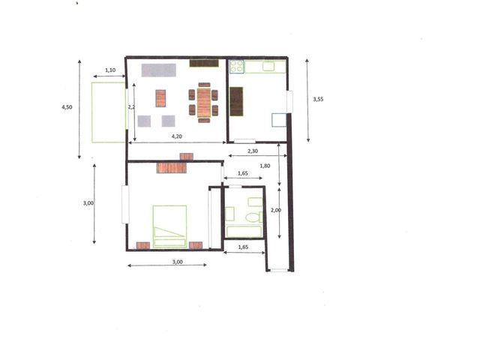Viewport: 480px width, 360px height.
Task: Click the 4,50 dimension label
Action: click(x=67, y=107)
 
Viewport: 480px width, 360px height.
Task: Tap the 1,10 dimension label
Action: click(x=110, y=70)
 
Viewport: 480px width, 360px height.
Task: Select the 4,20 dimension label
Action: click(x=177, y=136)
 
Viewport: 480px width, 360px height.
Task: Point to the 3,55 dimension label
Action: click(x=318, y=99)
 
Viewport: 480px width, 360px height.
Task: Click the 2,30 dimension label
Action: click(x=253, y=151)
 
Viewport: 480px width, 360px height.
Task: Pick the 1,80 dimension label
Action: click(x=265, y=166)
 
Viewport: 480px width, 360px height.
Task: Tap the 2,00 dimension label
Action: click(x=276, y=210)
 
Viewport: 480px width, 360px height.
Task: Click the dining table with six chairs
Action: click(x=203, y=103)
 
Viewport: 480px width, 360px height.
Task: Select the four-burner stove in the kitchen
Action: click(x=237, y=67)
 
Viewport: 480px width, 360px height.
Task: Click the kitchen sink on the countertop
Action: click(x=268, y=66)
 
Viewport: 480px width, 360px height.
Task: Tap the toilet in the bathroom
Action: click(x=254, y=217)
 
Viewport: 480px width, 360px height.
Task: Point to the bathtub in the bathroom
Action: click(x=244, y=232)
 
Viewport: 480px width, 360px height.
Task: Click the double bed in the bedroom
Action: click(x=169, y=226)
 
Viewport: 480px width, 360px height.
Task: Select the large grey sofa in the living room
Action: click(x=158, y=70)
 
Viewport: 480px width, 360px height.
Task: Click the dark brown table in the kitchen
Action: click(x=236, y=102)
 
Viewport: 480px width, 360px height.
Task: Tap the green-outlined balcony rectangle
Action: click(x=108, y=112)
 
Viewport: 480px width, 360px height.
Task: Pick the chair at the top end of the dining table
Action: click(x=204, y=85)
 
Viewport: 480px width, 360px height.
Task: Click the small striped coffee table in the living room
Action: click(x=160, y=98)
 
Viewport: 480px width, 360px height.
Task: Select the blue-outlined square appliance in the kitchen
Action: click(x=279, y=120)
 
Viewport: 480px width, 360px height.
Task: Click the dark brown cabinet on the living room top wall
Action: click(x=204, y=63)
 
